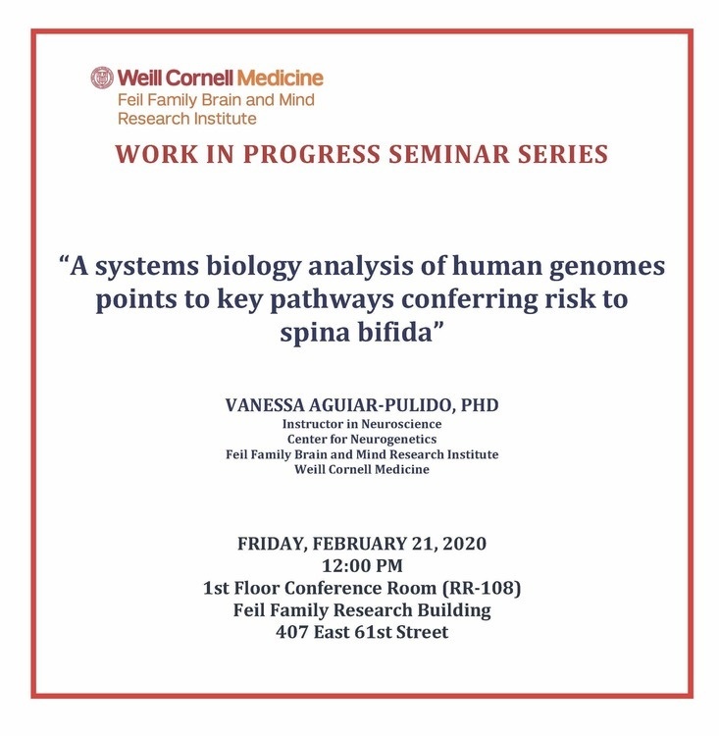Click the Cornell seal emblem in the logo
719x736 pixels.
[x=102, y=78]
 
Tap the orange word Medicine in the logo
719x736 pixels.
[x=281, y=78]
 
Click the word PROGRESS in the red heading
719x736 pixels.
[x=312, y=154]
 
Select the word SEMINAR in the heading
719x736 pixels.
[x=449, y=154]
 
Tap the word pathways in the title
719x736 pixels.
[x=332, y=300]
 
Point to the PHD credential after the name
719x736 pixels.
[x=479, y=405]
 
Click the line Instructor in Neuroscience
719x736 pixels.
[x=362, y=424]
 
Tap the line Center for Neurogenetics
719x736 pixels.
[x=362, y=439]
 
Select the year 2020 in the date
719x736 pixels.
[x=464, y=544]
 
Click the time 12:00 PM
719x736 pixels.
[x=362, y=565]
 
